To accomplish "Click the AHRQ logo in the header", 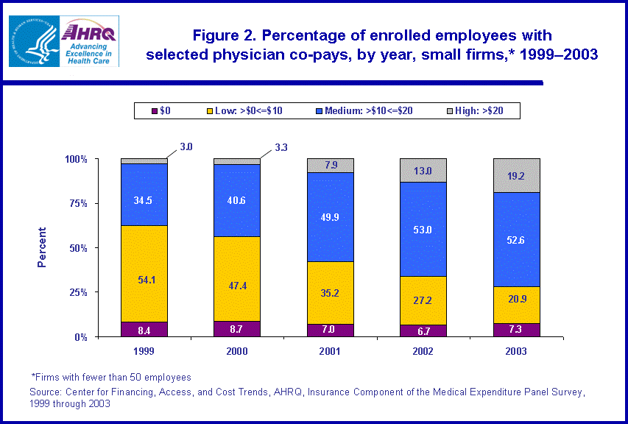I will (88, 41).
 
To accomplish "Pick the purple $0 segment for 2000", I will (236, 329).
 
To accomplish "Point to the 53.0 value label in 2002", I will (423, 229).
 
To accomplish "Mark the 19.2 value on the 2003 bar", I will (516, 176).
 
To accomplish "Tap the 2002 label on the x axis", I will (423, 351).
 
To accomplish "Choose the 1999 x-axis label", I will (144, 351).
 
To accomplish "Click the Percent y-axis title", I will (42, 247).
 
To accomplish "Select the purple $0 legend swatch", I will (155, 111).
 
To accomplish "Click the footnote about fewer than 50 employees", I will (111, 378).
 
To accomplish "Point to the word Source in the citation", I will (46, 392).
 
